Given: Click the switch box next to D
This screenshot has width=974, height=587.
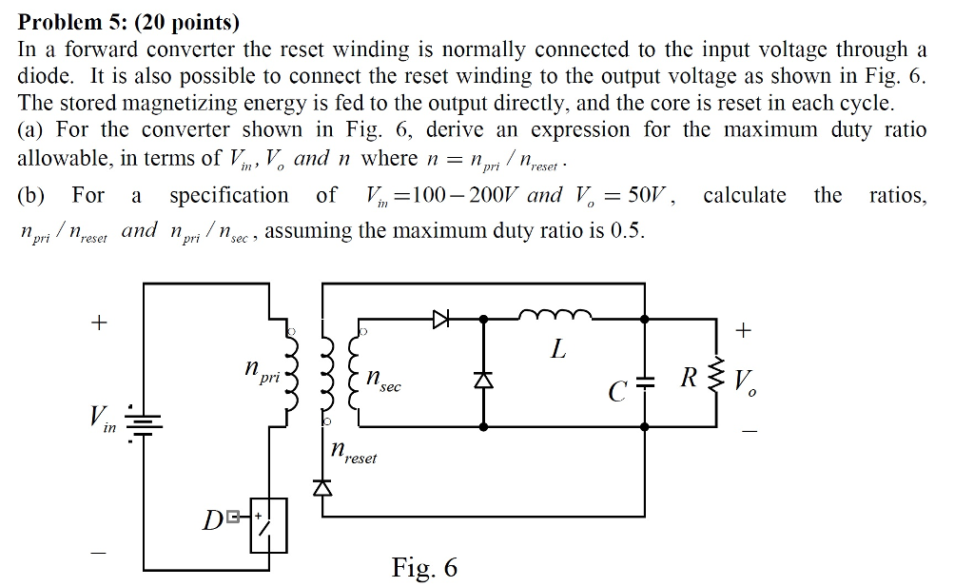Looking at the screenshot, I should pyautogui.click(x=266, y=524).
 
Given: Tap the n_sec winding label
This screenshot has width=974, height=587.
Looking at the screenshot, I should pyautogui.click(x=383, y=381).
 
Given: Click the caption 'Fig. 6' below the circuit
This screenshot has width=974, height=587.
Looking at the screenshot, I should pyautogui.click(x=424, y=568).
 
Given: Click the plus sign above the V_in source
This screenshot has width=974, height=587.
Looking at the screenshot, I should pyautogui.click(x=96, y=323).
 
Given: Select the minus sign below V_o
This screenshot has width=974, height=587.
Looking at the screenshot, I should pyautogui.click(x=749, y=432).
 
